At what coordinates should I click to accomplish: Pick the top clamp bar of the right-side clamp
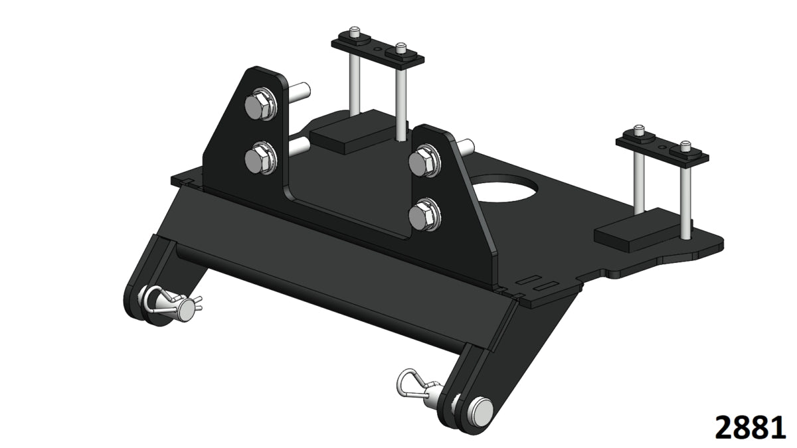[x=662, y=148]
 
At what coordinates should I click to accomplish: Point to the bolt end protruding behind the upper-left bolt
[x=299, y=88]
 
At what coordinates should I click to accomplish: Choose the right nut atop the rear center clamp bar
[x=400, y=50]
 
